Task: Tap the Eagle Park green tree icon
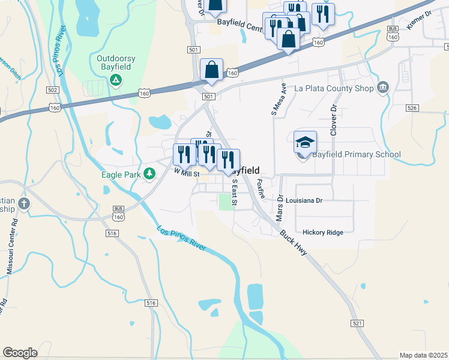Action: tap(150, 175)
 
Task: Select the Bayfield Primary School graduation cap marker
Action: tap(305, 143)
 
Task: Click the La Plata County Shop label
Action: tap(334, 88)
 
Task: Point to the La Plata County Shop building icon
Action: tap(382, 89)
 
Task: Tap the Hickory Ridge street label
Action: tap(323, 232)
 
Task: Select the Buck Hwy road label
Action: tap(294, 241)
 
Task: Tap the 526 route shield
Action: tap(412, 108)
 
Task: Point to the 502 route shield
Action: tap(53, 90)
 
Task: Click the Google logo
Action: tap(20, 353)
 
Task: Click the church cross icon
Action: tap(24, 203)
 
